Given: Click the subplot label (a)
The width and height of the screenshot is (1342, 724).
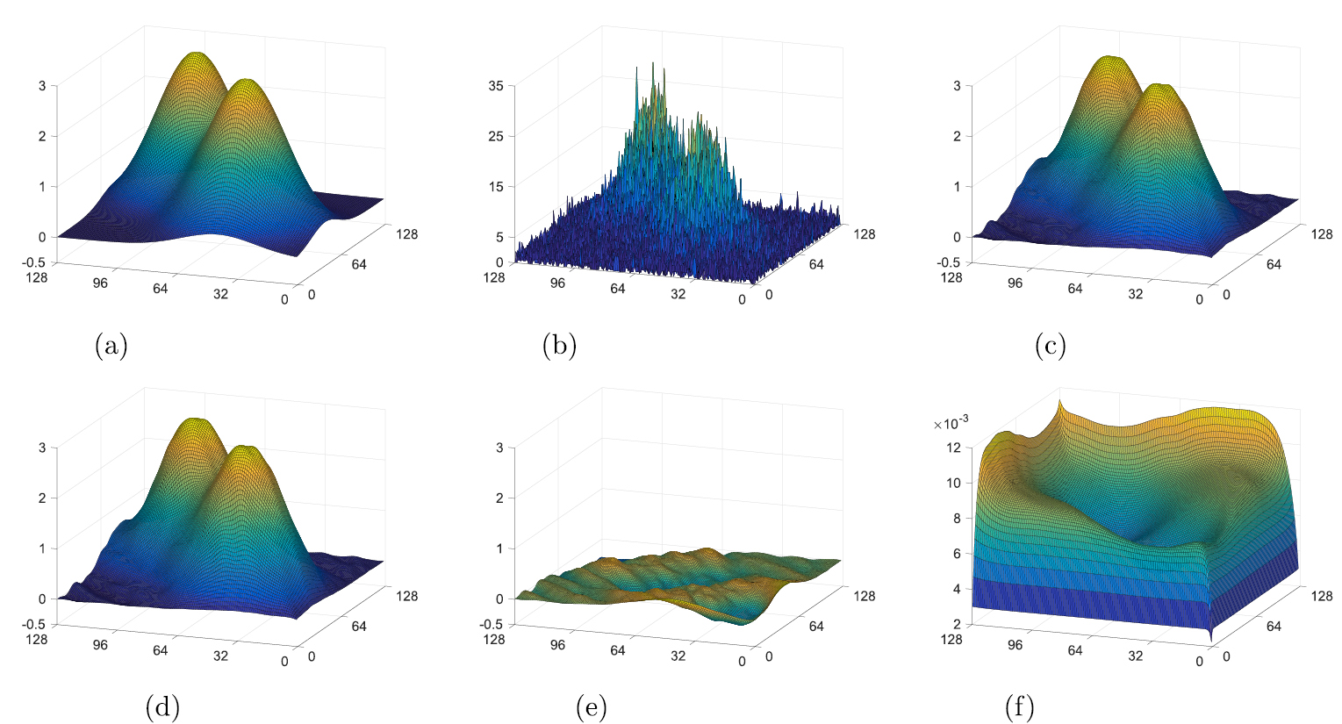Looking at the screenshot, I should tap(111, 347).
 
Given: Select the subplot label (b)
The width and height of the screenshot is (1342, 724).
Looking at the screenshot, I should tap(559, 347).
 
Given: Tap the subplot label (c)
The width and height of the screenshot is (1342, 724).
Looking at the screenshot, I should tap(1050, 347).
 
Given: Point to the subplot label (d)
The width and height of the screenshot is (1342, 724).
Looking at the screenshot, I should tap(162, 706).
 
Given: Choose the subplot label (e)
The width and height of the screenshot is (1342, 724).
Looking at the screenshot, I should tap(591, 706).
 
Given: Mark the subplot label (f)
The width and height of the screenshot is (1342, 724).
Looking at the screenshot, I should tap(1019, 706).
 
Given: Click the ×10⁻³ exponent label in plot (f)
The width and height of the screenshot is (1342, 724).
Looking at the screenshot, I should tap(951, 423).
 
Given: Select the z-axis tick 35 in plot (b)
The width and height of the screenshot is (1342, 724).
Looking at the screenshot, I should tap(496, 85).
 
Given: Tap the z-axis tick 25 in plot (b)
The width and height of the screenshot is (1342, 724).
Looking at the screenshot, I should tap(496, 136).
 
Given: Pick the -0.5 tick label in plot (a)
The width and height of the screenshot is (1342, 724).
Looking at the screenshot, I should tap(39, 262).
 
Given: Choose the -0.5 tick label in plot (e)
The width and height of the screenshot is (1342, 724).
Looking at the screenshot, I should tap(492, 625).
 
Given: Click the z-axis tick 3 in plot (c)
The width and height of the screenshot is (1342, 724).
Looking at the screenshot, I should tap(957, 85).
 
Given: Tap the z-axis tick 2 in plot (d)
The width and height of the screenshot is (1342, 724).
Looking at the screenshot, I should tap(41, 498).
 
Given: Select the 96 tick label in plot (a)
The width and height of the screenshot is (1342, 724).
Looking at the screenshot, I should tap(99, 283).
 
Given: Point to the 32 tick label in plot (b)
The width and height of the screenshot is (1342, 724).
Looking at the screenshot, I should tap(678, 294).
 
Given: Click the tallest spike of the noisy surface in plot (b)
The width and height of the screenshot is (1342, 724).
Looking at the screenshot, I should tap(653, 64).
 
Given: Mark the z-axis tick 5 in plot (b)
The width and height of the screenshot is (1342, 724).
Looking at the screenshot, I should tap(499, 237).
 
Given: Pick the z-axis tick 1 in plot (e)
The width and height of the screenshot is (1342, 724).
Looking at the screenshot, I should tap(499, 548).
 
